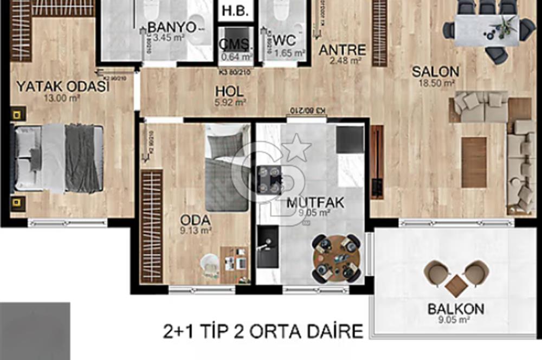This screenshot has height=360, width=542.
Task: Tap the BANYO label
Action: coord(171,27)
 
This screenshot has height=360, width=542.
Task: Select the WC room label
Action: coord(284,40)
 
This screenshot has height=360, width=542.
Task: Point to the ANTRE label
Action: coord(342,50)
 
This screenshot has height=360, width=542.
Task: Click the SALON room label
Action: coord(435,71)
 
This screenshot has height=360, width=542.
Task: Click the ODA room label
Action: coord(196,220)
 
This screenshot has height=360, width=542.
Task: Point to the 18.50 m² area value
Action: coord(435,83)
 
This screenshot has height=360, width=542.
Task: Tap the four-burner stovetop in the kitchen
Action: coord(269,179)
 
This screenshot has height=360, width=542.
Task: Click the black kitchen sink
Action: coord(267,246)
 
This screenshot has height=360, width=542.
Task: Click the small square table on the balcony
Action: coord(456,285)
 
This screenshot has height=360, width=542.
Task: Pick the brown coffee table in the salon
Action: coord(474,162)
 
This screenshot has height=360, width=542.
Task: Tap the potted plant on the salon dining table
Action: coord(507,24)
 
